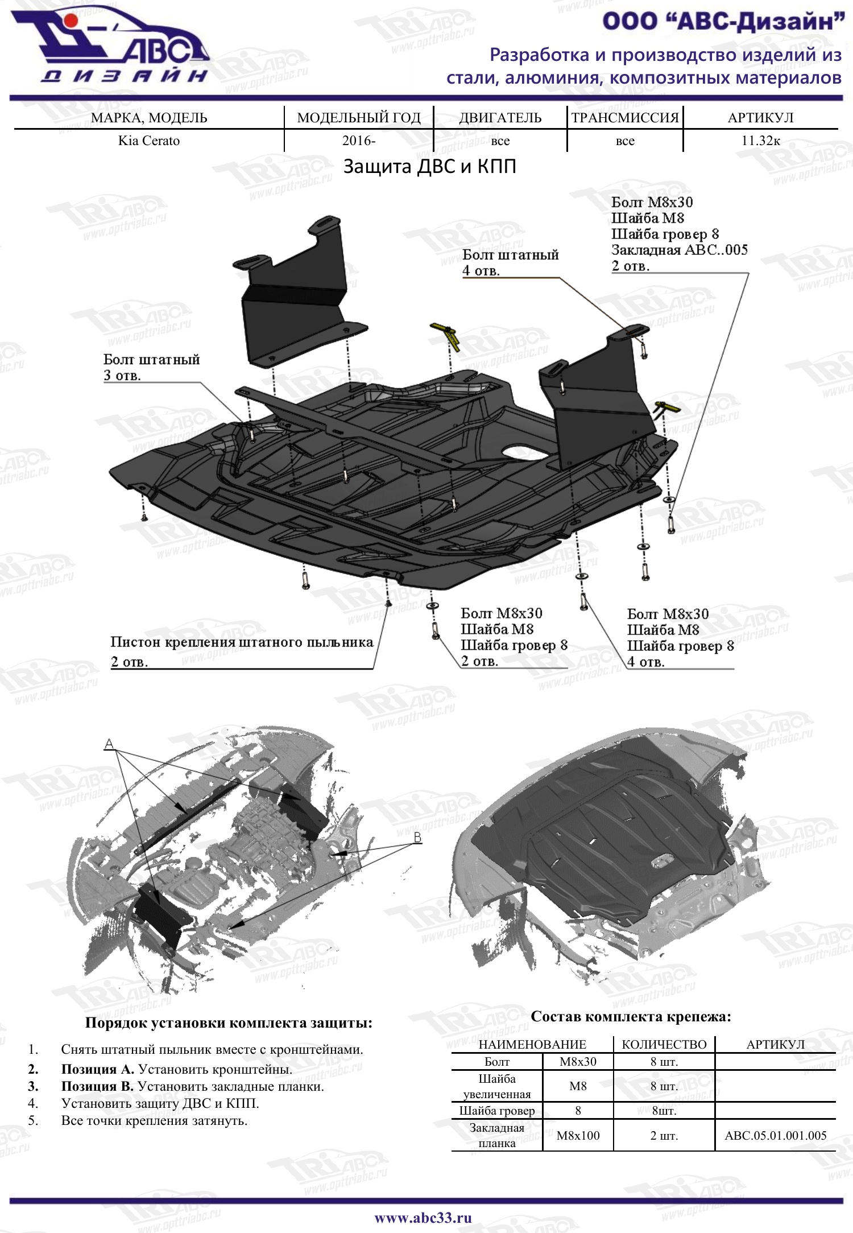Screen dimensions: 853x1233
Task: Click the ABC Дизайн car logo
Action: (x=111, y=44)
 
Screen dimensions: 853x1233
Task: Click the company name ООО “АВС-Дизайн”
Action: (x=723, y=22)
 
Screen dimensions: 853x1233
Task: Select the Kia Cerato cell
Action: (x=149, y=141)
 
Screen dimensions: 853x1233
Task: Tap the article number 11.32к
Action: (x=761, y=141)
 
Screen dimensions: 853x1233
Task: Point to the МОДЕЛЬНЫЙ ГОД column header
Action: (x=359, y=118)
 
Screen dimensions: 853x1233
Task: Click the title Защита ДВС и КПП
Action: (x=430, y=166)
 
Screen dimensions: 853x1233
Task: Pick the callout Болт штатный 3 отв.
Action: (x=151, y=367)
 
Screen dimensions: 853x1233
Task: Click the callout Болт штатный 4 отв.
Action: (x=510, y=262)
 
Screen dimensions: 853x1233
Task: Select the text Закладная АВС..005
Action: (x=680, y=250)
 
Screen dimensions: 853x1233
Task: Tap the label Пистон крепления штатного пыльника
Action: (x=242, y=642)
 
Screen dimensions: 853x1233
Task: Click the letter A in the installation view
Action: (x=109, y=744)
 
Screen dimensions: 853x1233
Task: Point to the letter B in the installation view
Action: (x=417, y=837)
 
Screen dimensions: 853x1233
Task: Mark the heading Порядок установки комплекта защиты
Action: (x=229, y=1022)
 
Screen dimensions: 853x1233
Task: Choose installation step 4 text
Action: (x=160, y=1103)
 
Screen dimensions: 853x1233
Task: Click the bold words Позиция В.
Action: (x=97, y=1086)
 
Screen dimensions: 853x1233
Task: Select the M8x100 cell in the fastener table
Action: (x=578, y=1135)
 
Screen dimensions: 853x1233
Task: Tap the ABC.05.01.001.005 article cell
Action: (x=776, y=1135)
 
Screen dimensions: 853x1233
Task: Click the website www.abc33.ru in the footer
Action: (x=423, y=1218)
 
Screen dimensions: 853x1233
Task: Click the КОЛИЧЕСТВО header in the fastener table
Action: (x=664, y=1044)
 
